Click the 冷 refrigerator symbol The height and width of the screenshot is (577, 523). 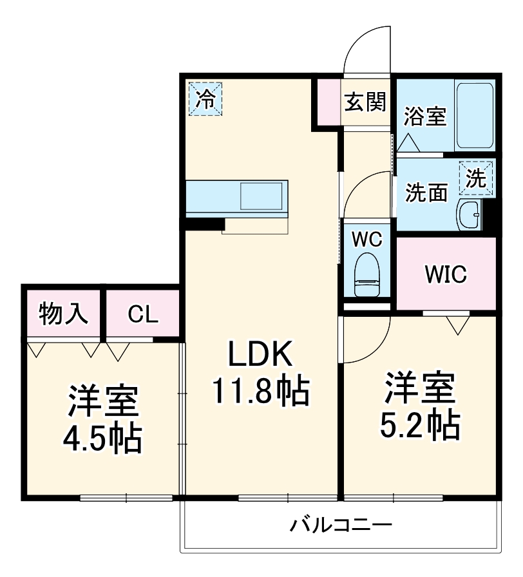pyautogui.click(x=205, y=99)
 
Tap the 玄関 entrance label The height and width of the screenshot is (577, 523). pyautogui.click(x=365, y=102)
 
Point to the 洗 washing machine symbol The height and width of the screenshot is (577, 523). pyautogui.click(x=477, y=177)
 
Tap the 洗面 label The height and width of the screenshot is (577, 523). pyautogui.click(x=426, y=193)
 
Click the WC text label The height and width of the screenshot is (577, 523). pyautogui.click(x=366, y=239)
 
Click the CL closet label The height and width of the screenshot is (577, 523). pyautogui.click(x=142, y=314)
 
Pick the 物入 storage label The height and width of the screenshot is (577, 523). pyautogui.click(x=62, y=314)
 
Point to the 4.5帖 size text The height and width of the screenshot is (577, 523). pyautogui.click(x=102, y=439)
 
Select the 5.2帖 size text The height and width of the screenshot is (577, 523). pyautogui.click(x=423, y=424)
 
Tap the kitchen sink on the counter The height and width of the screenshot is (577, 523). pyautogui.click(x=261, y=194)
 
